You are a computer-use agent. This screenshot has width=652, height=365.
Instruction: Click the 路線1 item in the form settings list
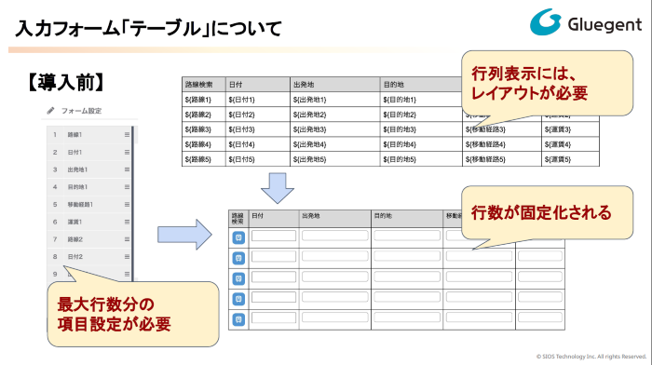(75, 135)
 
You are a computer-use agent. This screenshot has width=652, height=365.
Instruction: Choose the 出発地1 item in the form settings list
(77, 169)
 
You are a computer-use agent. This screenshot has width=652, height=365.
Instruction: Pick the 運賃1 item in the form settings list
(75, 221)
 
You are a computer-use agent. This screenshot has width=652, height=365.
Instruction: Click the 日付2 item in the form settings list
(75, 256)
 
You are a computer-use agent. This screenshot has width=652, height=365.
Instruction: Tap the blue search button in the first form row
(238, 236)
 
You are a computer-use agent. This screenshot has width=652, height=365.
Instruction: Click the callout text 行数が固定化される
(541, 212)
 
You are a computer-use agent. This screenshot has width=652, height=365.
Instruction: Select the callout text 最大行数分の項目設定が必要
(112, 314)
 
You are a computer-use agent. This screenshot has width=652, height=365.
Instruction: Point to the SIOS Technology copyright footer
(591, 356)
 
